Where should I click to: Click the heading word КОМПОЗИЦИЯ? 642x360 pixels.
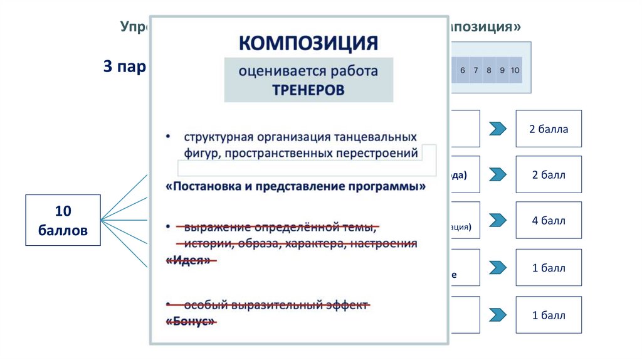coord(308,43)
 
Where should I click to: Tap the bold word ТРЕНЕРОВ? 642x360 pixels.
coord(308,90)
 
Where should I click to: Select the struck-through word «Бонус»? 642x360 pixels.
coord(191,321)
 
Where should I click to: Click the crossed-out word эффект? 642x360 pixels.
coord(348,305)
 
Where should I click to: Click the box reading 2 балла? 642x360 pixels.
coord(549,129)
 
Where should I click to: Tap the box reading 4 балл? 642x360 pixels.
coord(549,221)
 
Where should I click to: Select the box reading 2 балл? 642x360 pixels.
coord(549,175)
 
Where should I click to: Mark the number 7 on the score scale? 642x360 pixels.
coord(476,70)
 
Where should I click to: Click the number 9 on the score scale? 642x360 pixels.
coord(502,70)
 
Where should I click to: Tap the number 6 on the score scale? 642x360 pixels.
coord(463,70)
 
